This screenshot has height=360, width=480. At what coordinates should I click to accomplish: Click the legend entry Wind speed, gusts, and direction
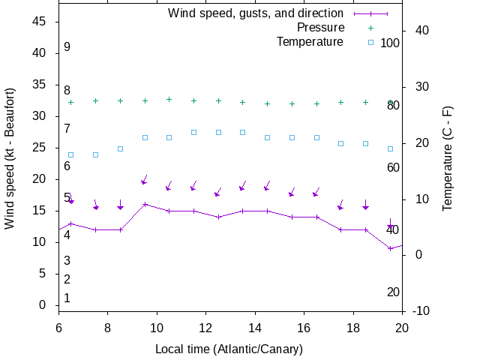point(255,13)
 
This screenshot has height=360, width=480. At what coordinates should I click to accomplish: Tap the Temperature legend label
point(310,42)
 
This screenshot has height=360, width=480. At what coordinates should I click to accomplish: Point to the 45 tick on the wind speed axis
point(40,22)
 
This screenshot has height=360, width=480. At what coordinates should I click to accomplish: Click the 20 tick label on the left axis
point(40,179)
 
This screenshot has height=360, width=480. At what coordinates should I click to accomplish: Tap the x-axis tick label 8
point(107,328)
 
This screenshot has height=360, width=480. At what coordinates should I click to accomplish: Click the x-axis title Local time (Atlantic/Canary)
point(229,349)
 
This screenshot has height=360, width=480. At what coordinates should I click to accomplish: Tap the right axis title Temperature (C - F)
point(448,157)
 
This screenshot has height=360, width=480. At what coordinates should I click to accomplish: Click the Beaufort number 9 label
point(67,47)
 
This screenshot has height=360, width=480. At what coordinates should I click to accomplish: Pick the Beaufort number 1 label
point(67,298)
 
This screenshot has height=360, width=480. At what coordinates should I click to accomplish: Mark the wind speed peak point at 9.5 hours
point(145,204)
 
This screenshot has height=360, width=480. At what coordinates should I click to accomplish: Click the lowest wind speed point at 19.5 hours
point(390,248)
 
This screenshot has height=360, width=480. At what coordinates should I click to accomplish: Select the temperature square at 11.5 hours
point(193,132)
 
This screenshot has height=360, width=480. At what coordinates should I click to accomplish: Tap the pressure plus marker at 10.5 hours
point(169,99)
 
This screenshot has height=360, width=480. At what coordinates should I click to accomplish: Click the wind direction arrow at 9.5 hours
point(144,181)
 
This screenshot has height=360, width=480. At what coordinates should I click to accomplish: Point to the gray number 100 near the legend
point(390,43)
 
